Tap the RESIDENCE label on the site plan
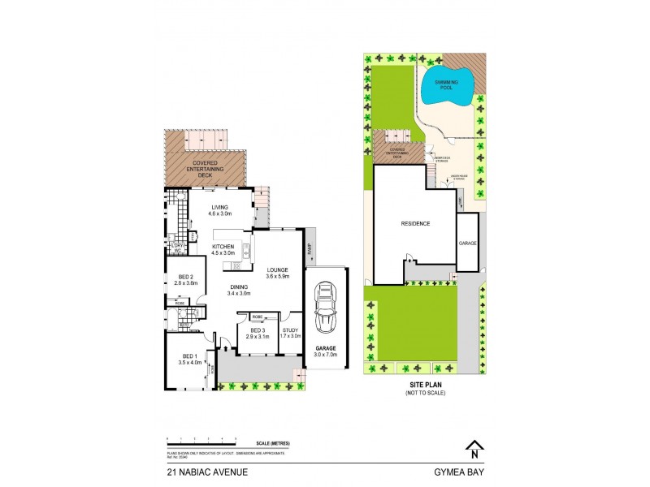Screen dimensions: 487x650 coord(414,223)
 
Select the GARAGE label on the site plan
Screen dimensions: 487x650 coord(467,242)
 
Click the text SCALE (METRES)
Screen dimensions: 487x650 coord(271,442)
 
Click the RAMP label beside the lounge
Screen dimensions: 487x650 coord(309,248)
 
